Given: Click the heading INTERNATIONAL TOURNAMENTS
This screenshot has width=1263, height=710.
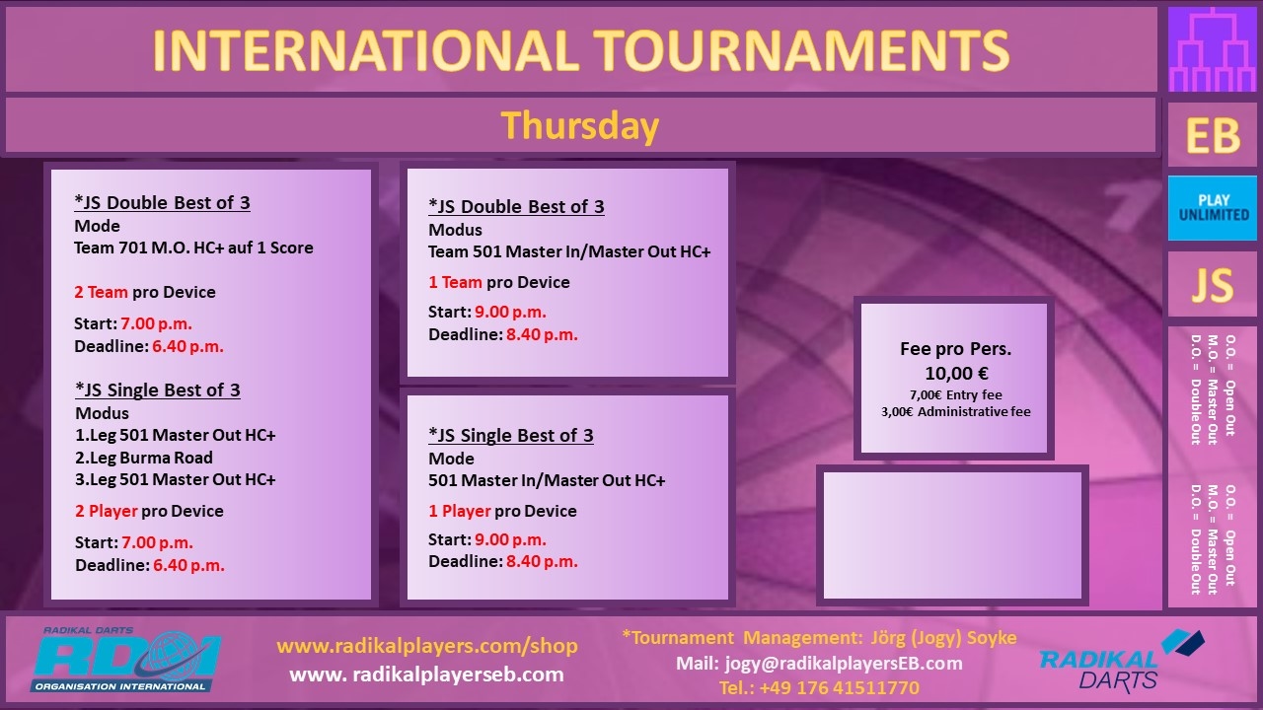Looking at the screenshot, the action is pyautogui.click(x=581, y=50).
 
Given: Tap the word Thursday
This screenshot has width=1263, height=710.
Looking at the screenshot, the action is pyautogui.click(x=579, y=126).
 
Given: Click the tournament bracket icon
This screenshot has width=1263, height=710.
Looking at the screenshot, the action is pyautogui.click(x=1213, y=49).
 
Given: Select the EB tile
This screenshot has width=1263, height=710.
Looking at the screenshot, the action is pyautogui.click(x=1213, y=135).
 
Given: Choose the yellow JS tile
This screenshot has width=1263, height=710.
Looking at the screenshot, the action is pyautogui.click(x=1213, y=285).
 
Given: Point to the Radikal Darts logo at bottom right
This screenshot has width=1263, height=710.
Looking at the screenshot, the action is pyautogui.click(x=1122, y=661).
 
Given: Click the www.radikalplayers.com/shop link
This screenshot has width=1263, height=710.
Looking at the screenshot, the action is pyautogui.click(x=427, y=646).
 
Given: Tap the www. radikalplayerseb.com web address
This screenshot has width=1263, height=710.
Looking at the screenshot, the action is pyautogui.click(x=427, y=674).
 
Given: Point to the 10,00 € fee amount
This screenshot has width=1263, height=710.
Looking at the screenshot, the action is pyautogui.click(x=956, y=373).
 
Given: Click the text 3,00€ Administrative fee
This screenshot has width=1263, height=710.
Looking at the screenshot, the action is pyautogui.click(x=956, y=412).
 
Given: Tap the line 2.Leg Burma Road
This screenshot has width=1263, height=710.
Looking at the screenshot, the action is pyautogui.click(x=144, y=458).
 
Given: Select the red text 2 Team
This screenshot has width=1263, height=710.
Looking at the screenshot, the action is pyautogui.click(x=101, y=292).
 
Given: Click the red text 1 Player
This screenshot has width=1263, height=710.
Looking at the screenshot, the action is pyautogui.click(x=460, y=511).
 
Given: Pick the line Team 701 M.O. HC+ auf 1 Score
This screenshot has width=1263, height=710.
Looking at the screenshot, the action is pyautogui.click(x=193, y=248).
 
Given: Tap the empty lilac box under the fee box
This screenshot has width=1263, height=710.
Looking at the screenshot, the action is pyautogui.click(x=952, y=535).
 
